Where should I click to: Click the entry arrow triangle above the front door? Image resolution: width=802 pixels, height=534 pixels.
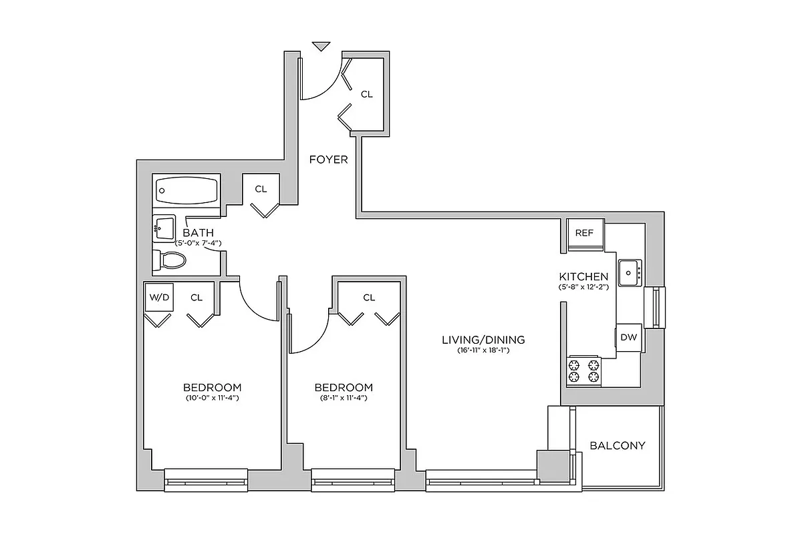pyautogui.click(x=321, y=46)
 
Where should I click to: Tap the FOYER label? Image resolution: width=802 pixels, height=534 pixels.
pyautogui.click(x=328, y=160)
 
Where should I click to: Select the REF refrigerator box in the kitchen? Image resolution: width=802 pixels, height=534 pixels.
pyautogui.click(x=585, y=234)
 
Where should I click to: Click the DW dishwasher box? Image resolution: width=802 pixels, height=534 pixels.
pyautogui.click(x=629, y=337)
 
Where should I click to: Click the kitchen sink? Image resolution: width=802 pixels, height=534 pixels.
pyautogui.click(x=629, y=272)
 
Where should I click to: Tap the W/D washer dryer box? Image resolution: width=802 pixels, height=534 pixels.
pyautogui.click(x=158, y=298)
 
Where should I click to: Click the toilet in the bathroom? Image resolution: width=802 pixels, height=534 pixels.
pyautogui.click(x=165, y=260)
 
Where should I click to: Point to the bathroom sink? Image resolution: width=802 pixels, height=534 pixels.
pyautogui.click(x=164, y=229)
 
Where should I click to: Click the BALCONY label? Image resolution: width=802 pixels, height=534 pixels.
pyautogui.click(x=618, y=445)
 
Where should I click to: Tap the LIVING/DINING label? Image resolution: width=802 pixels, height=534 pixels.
pyautogui.click(x=483, y=339)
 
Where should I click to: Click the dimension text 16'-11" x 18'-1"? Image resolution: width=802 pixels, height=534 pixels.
pyautogui.click(x=483, y=350)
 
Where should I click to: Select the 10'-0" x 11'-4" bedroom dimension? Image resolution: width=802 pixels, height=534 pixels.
pyautogui.click(x=212, y=398)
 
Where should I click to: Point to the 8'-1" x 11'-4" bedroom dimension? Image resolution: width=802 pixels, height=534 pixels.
pyautogui.click(x=344, y=398)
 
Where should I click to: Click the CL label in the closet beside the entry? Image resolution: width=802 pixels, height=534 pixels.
pyautogui.click(x=366, y=95)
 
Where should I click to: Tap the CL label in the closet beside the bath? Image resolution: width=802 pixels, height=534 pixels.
pyautogui.click(x=261, y=190)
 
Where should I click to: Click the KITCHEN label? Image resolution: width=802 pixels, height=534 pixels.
pyautogui.click(x=583, y=276)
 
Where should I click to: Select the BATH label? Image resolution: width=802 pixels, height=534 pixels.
pyautogui.click(x=198, y=233)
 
